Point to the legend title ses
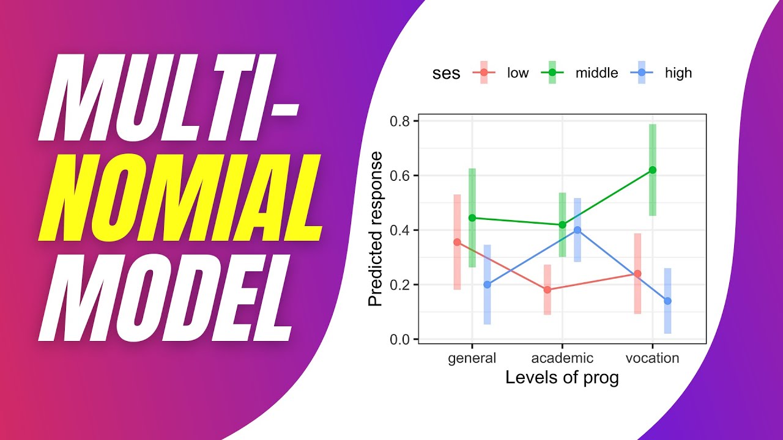click(x=446, y=73)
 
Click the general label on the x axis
click(x=472, y=358)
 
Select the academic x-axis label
click(x=562, y=358)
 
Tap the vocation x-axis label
click(x=652, y=358)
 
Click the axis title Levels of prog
click(x=562, y=378)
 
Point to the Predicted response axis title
click(x=376, y=229)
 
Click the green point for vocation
click(x=653, y=170)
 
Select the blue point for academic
click(x=577, y=230)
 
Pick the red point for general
click(x=457, y=242)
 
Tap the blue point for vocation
click(x=667, y=301)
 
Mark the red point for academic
click(x=547, y=290)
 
